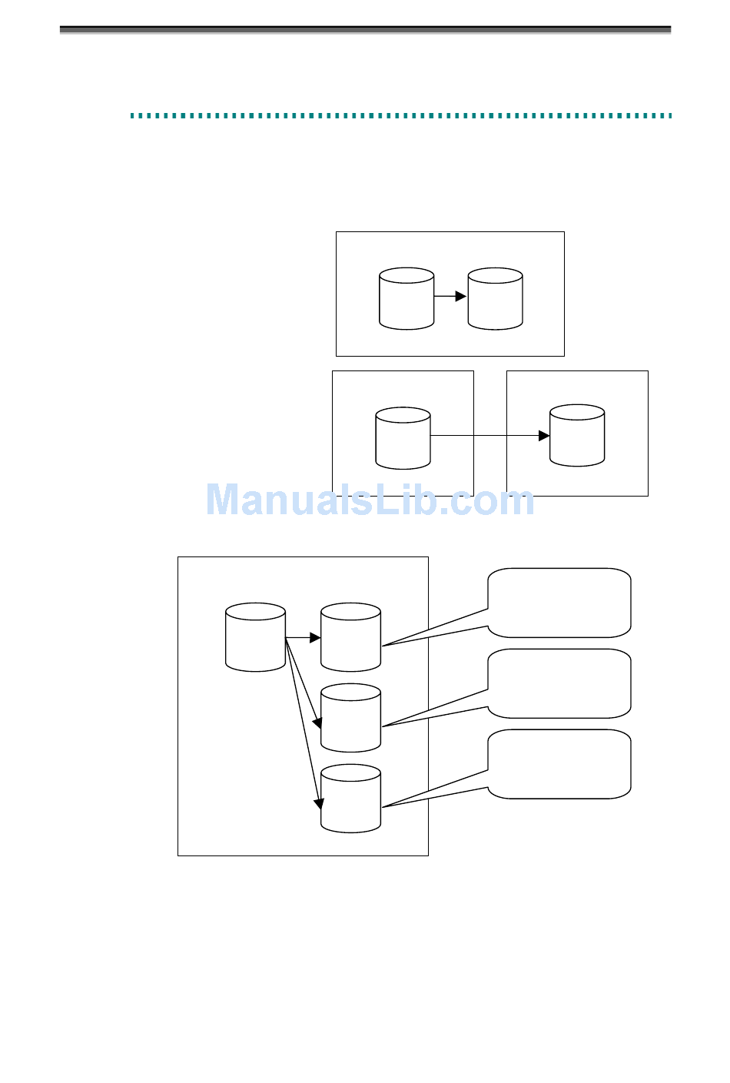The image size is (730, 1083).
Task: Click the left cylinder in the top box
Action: [x=406, y=299]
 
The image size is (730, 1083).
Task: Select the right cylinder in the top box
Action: [x=495, y=299]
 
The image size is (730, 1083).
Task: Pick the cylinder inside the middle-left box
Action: [x=403, y=438]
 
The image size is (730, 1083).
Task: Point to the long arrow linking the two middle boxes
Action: [x=490, y=436]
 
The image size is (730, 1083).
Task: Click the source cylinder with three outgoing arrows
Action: [x=255, y=637]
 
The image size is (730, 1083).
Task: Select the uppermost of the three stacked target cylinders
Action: [x=350, y=637]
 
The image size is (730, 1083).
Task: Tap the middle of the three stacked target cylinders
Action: [x=350, y=718]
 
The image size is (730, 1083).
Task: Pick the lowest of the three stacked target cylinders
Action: [x=350, y=799]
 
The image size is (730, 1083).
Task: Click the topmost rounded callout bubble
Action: [x=559, y=603]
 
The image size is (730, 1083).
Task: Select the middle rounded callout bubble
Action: [x=559, y=683]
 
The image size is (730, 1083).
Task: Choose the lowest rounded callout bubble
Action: [x=559, y=764]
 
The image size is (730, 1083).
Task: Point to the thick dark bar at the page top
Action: [x=365, y=30]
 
